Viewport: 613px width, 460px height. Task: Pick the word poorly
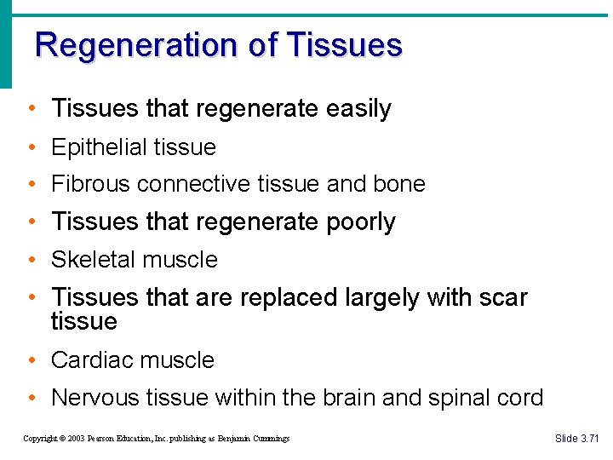tap(361, 222)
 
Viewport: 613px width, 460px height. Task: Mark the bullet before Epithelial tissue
tap(31, 147)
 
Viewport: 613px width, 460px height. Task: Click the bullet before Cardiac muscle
tap(31, 360)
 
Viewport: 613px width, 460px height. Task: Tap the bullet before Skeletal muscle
tap(31, 260)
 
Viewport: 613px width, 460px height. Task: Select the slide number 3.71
tap(589, 438)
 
